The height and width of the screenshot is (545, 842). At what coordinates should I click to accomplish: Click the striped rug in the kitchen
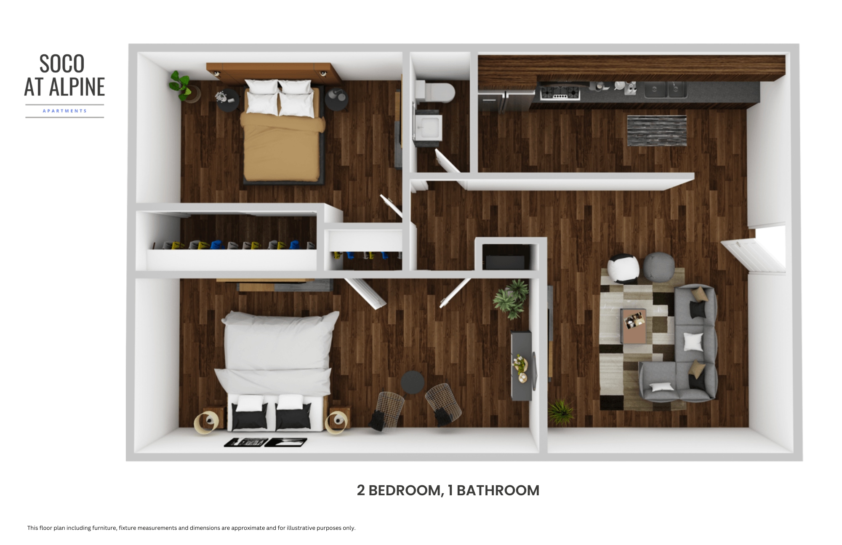pos(657,131)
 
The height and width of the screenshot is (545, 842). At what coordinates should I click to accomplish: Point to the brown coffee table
pos(633,326)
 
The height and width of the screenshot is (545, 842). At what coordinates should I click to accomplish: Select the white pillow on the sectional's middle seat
pos(693,342)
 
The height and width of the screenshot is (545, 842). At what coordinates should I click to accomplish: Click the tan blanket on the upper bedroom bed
pos(282,147)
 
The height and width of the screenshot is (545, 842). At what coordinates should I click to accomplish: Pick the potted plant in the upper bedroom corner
pos(182,86)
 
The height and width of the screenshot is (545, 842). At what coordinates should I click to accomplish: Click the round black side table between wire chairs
pos(413,382)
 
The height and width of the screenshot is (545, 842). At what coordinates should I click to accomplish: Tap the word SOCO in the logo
pos(62,64)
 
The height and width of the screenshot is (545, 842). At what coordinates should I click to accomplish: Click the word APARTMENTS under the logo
pos(65,111)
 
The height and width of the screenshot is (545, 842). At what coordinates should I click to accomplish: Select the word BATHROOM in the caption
pos(498,491)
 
